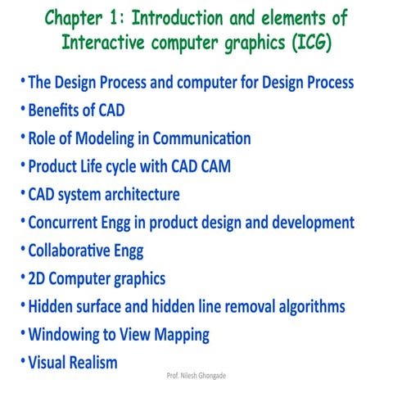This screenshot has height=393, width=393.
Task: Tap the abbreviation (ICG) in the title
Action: click(x=313, y=41)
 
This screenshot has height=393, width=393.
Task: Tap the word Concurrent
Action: click(x=64, y=223)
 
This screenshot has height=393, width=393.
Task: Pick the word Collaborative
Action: click(x=73, y=251)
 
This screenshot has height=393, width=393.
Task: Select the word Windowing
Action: click(x=63, y=335)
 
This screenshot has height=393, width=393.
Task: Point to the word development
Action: click(x=309, y=223)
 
